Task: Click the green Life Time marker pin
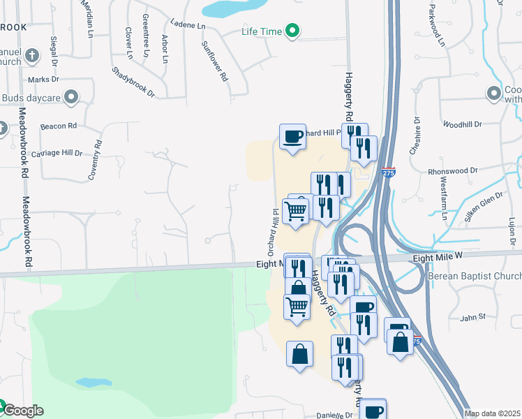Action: (294, 31)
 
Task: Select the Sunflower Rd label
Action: (214, 61)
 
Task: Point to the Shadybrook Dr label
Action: (133, 82)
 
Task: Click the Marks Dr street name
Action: (45, 80)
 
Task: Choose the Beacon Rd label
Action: (58, 126)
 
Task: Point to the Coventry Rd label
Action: (94, 160)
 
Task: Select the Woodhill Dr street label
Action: (462, 124)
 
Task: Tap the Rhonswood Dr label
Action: (452, 170)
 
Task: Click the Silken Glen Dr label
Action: (478, 206)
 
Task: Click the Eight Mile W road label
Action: (438, 258)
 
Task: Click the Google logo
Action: (22, 411)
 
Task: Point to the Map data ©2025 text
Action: (492, 413)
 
